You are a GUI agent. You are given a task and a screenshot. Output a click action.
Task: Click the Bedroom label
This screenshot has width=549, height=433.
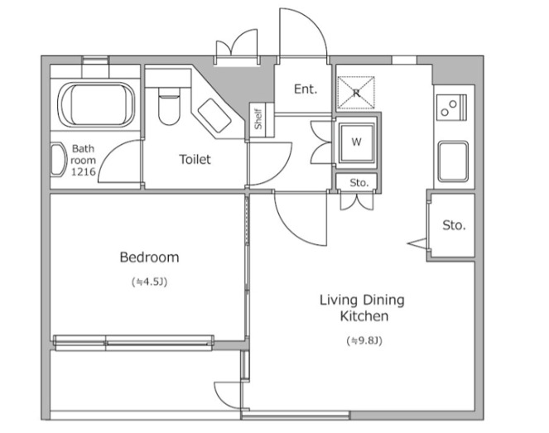150,257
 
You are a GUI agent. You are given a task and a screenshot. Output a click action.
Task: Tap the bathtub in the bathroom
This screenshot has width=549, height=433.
96,104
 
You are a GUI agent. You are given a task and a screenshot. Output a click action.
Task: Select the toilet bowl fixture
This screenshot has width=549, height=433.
169,106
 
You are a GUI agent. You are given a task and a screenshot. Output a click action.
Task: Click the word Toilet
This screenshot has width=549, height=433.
195,160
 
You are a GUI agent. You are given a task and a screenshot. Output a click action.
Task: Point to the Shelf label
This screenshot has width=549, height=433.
258,119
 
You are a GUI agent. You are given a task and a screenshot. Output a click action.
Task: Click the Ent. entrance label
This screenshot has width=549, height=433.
306,89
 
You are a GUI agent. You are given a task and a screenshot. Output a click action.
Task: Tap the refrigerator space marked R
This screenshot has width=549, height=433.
356,93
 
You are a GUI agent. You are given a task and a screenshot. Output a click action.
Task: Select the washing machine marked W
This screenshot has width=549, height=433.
356,142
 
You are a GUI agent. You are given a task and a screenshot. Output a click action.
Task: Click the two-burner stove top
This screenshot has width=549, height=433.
451,108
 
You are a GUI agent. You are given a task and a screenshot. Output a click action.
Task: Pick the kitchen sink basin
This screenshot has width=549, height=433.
454,161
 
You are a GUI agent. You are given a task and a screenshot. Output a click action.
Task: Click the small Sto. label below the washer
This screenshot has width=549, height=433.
359,183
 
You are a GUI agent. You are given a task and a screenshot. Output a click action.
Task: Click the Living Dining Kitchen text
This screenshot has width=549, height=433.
363,308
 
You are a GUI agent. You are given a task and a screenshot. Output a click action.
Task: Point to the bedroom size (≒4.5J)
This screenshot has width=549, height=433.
150,281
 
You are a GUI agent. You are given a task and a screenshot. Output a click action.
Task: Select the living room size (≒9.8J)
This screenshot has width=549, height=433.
364,340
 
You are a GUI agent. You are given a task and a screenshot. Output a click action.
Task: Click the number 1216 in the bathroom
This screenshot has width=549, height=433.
84,171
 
